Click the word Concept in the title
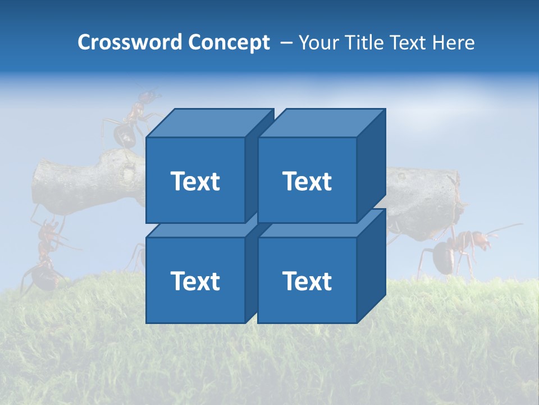pyautogui.click(x=229, y=43)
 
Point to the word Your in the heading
pyautogui.click(x=319, y=43)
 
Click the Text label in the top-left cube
pyautogui.click(x=195, y=181)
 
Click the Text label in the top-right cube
pyautogui.click(x=307, y=181)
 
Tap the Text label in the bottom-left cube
pyautogui.click(x=195, y=281)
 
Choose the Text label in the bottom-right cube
pyautogui.click(x=307, y=281)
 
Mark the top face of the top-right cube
pyautogui.click(x=322, y=123)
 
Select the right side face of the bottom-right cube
pyautogui.click(x=371, y=267)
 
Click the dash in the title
pyautogui.click(x=285, y=43)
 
